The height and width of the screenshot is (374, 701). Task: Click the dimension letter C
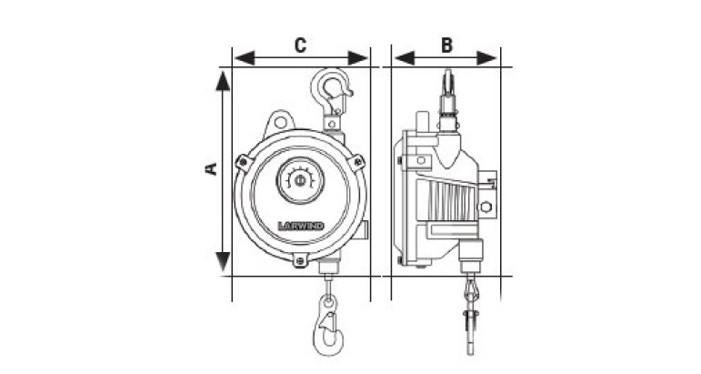point(300,45)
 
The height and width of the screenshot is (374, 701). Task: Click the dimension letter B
point(446,45)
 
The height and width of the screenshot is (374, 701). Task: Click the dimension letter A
point(211,168)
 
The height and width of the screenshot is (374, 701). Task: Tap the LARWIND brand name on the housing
point(300,226)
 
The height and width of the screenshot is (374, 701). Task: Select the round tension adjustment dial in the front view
point(300,180)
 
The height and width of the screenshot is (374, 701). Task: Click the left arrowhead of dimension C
point(244,58)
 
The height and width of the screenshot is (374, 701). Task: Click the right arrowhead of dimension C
point(358,58)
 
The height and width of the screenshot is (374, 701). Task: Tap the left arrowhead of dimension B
point(405,58)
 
